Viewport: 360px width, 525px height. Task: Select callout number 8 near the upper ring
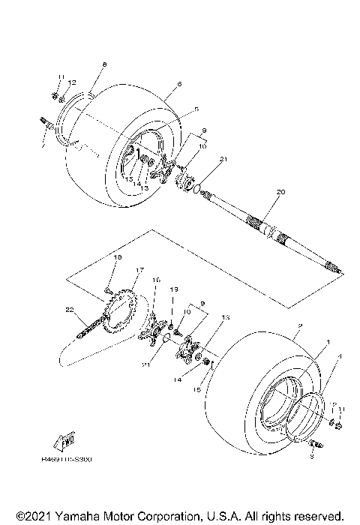coord(104,65)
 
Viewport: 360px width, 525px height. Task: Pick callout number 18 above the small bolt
coord(117,257)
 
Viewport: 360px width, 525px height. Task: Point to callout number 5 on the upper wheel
coord(196,109)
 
